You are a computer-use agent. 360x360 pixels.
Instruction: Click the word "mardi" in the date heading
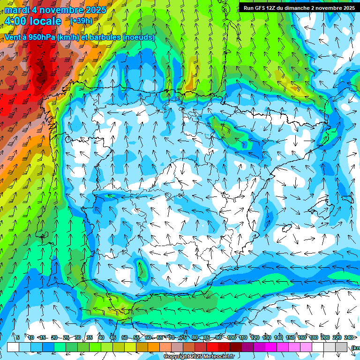tap(17, 10)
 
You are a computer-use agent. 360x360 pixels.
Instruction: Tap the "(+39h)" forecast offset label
tap(81, 21)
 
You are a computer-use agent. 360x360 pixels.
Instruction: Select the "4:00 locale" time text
tap(33, 21)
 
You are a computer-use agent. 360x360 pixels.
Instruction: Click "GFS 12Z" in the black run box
tap(265, 8)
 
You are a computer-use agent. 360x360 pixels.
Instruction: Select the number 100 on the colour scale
tap(231, 337)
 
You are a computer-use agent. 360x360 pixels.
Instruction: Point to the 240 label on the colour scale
tap(348, 337)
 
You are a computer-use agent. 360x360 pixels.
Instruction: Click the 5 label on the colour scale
tap(18, 337)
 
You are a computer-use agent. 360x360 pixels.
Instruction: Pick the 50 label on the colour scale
tap(124, 337)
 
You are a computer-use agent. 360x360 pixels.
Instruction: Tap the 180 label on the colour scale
tap(313, 337)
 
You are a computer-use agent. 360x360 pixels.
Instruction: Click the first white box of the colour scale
tap(13, 347)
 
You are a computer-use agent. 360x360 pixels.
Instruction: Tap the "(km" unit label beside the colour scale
tap(355, 347)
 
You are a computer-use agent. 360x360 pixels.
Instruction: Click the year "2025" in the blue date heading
tap(93, 10)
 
